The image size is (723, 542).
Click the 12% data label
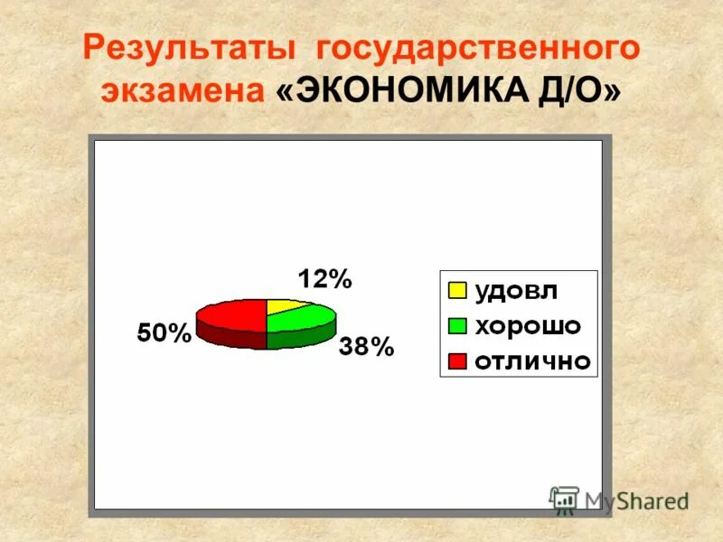[324, 279]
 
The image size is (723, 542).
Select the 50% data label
[164, 333]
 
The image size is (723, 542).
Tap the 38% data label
[366, 346]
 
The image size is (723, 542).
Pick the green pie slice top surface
[303, 319]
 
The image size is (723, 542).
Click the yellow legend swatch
[457, 291]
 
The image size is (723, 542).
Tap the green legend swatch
[457, 326]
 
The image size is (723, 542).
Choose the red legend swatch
[457, 361]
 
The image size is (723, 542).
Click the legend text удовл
[516, 291]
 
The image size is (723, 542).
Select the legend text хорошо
[528, 326]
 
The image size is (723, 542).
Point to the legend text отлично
[532, 361]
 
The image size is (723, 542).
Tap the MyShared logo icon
[564, 500]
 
